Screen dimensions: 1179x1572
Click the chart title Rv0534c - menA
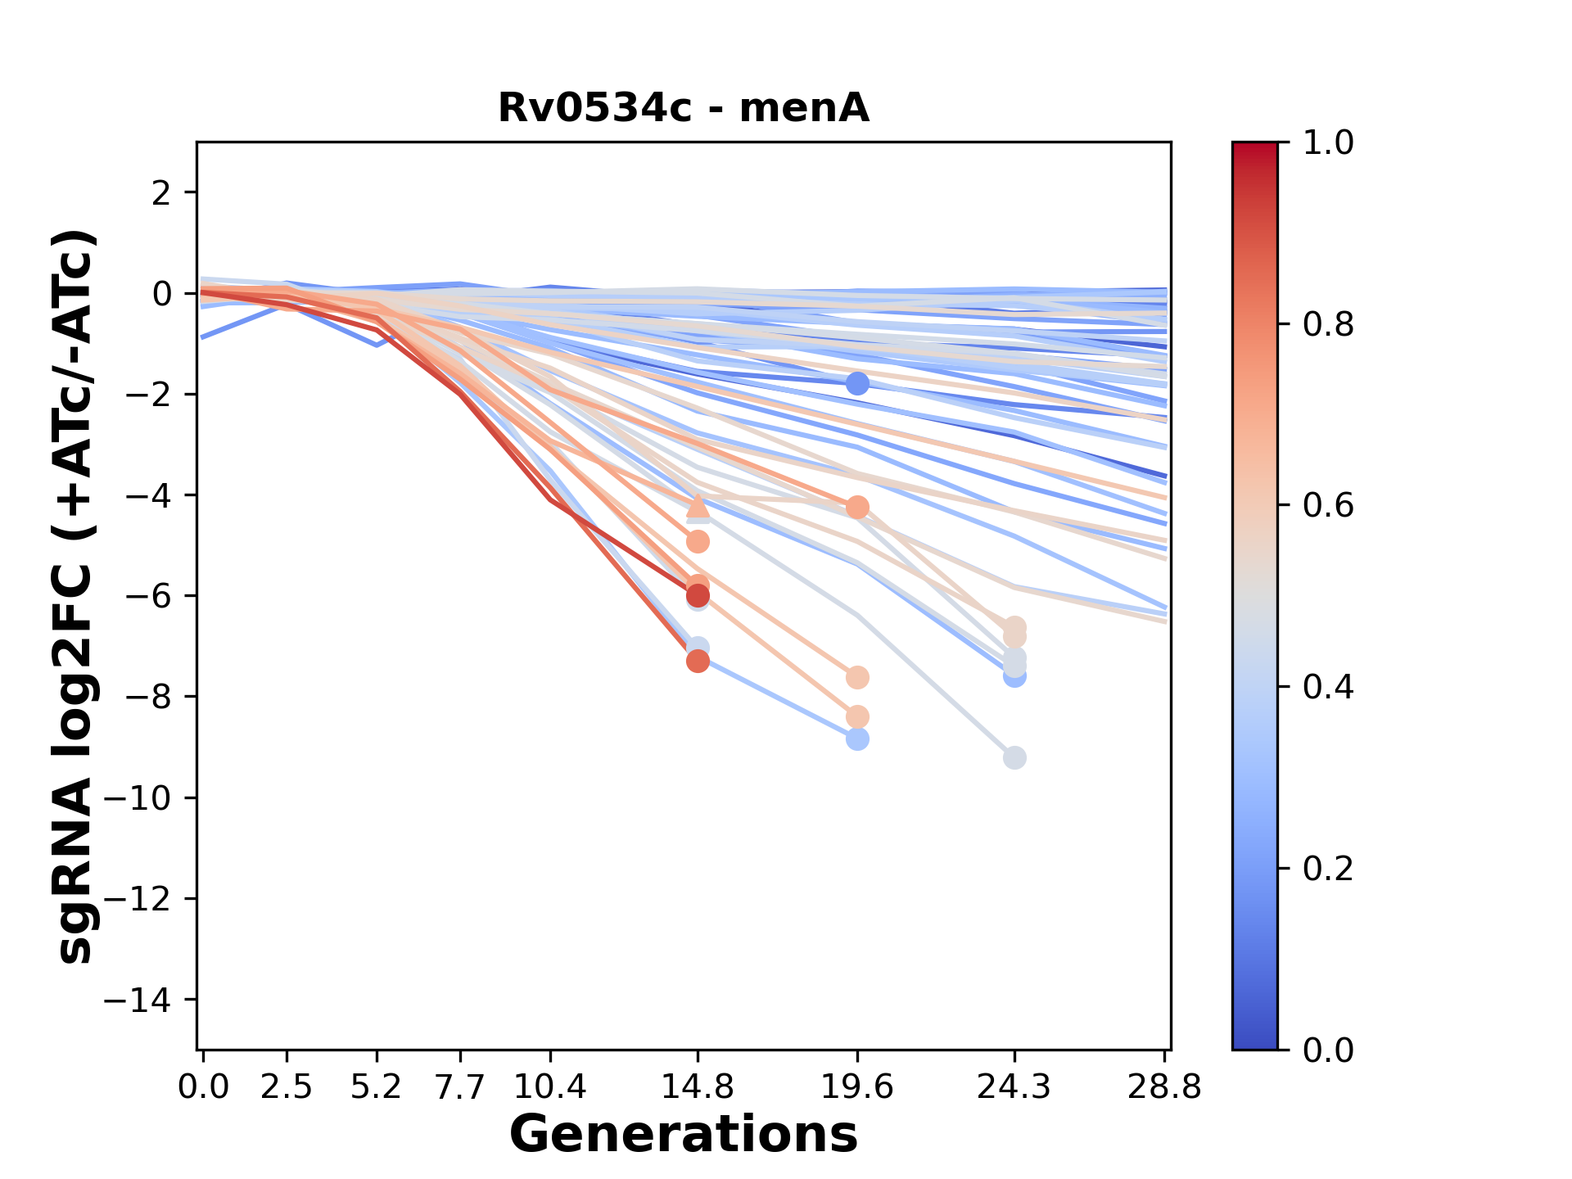tap(683, 108)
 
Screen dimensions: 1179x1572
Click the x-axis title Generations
tap(683, 1135)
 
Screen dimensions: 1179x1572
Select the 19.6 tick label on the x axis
tap(857, 1087)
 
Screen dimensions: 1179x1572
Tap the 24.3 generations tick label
tap(1014, 1087)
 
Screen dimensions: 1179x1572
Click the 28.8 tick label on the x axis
tap(1164, 1087)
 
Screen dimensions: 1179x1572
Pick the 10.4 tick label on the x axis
tap(550, 1087)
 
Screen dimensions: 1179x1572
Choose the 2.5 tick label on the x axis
tap(287, 1087)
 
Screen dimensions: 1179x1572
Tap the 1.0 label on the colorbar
tap(1328, 143)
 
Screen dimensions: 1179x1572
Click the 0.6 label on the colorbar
tap(1328, 506)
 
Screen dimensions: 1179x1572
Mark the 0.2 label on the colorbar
tap(1328, 869)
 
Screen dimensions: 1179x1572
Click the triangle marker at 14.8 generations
tap(698, 505)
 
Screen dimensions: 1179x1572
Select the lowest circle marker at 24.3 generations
tap(1014, 758)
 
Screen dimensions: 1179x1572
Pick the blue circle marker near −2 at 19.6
tap(857, 383)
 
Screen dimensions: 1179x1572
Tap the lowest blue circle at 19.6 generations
tap(857, 739)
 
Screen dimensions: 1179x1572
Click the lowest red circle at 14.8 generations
tap(698, 661)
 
